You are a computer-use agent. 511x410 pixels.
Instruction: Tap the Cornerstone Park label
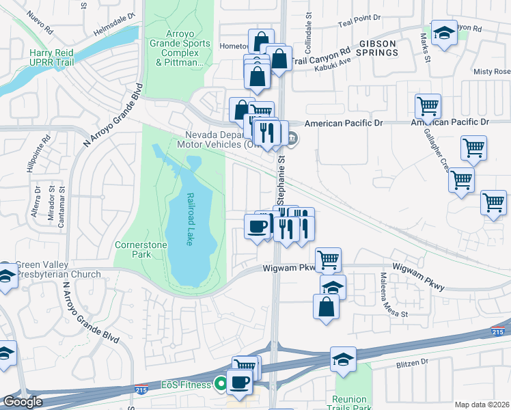tap(132, 249)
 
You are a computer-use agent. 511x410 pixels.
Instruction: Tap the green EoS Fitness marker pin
tap(221, 385)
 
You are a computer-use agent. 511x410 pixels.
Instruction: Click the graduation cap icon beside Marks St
tap(443, 33)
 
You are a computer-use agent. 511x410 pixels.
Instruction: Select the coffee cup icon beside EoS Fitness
tap(239, 382)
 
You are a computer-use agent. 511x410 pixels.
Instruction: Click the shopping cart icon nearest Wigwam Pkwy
tap(328, 260)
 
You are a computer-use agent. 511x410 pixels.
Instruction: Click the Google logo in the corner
tap(23, 402)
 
